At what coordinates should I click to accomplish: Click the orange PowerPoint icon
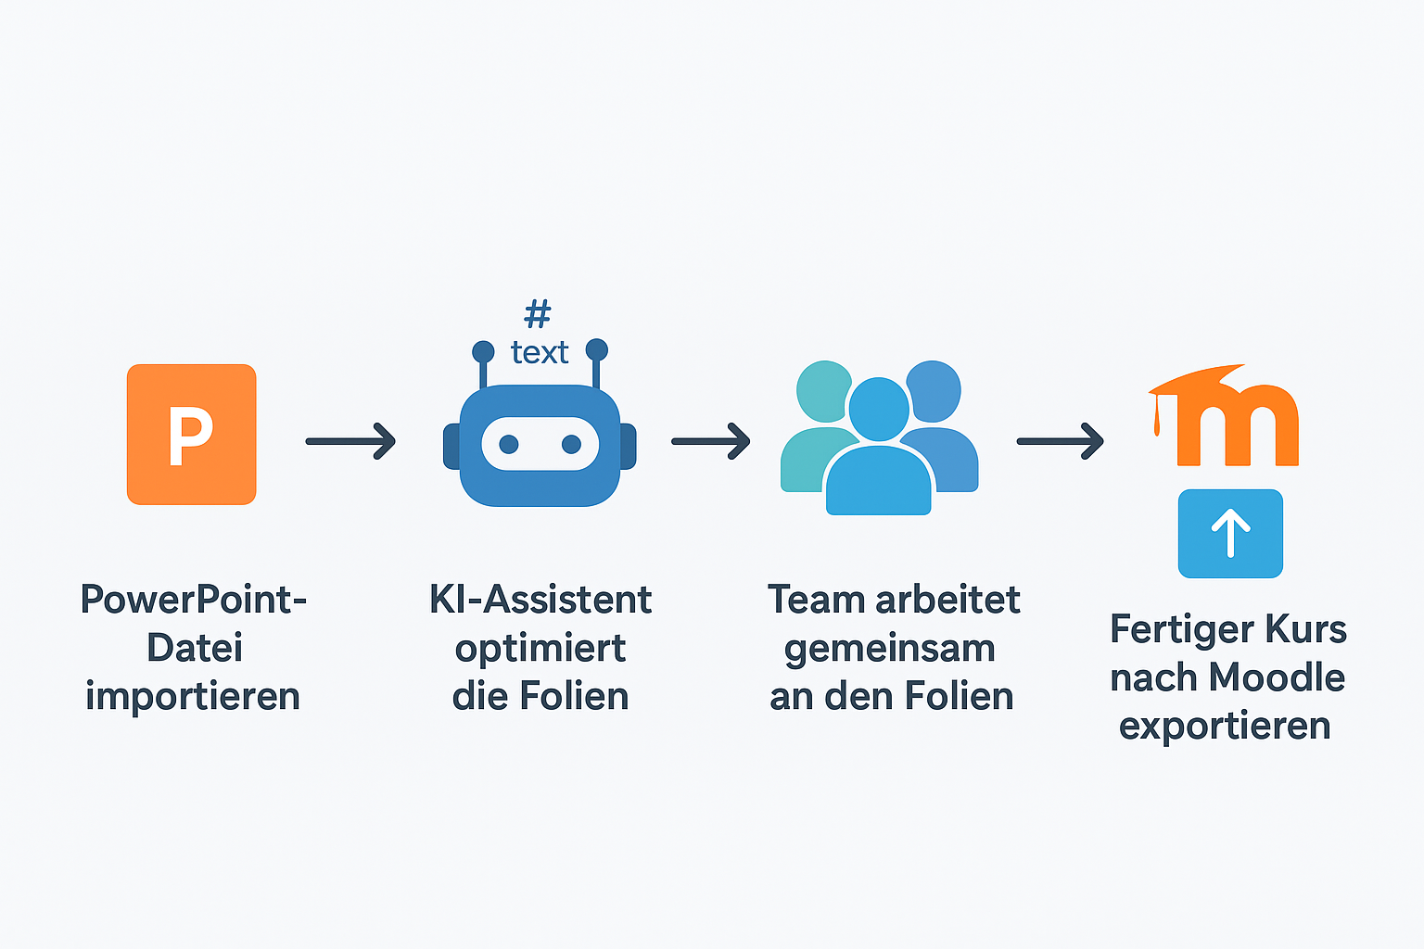point(191,435)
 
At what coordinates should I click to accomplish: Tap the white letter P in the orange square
point(190,436)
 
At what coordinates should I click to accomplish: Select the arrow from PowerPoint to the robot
point(350,441)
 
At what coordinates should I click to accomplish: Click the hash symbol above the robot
point(538,313)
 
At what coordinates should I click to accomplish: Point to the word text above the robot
point(540,352)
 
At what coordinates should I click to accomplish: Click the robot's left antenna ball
point(483,351)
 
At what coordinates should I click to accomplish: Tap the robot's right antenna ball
point(597,349)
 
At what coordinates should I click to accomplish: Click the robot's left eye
point(509,445)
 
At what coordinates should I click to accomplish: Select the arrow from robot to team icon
point(710,441)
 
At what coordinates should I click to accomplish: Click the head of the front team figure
point(878,408)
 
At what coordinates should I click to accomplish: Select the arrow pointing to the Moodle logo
point(1060,441)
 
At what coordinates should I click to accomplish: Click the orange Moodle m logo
point(1233,422)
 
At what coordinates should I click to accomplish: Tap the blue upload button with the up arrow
point(1230,534)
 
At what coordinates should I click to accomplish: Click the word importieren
point(193,697)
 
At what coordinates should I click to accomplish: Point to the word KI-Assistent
point(540,600)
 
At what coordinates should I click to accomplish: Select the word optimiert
point(540,649)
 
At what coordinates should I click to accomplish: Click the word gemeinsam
point(890,649)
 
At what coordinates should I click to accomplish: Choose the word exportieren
point(1225,726)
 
